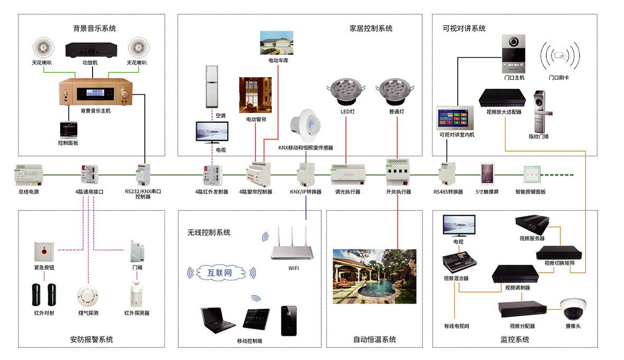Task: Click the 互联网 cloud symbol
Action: [222, 273]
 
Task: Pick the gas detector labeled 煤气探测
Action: [87, 296]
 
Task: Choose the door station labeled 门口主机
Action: [513, 54]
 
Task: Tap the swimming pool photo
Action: [374, 276]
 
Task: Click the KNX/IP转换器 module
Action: [306, 174]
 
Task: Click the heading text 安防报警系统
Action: [91, 339]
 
